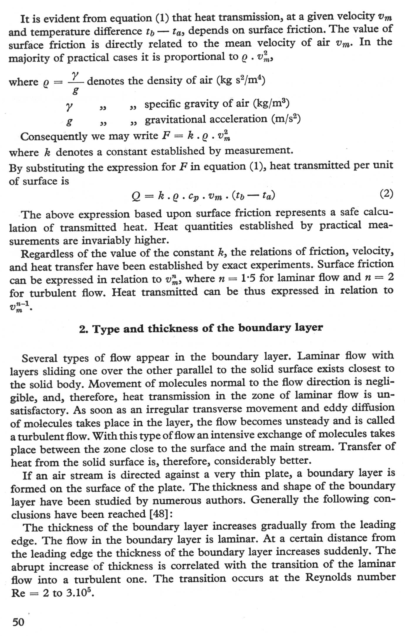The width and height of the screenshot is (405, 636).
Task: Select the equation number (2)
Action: tap(386, 194)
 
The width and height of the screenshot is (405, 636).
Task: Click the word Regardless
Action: tap(43, 253)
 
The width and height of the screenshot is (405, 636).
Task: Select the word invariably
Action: tap(107, 240)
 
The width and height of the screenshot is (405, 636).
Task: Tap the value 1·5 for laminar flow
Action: tap(248, 278)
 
